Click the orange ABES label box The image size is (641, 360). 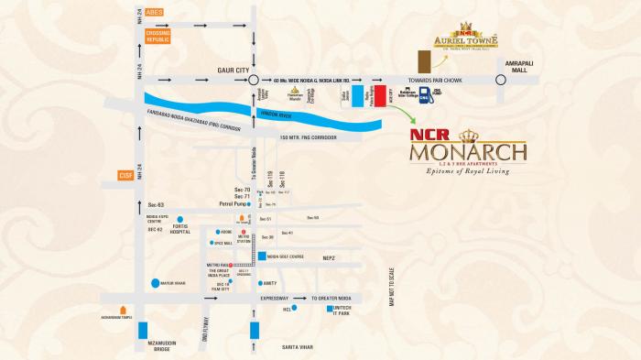(152, 13)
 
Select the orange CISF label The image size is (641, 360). (126, 175)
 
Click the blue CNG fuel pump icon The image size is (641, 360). (425, 97)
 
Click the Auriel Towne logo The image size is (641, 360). (466, 41)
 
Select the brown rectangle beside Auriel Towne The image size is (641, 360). (422, 61)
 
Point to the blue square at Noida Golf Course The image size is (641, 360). (262, 256)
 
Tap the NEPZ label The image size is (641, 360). (328, 259)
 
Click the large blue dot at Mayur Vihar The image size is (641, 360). (156, 283)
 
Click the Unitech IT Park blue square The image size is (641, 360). (330, 309)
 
